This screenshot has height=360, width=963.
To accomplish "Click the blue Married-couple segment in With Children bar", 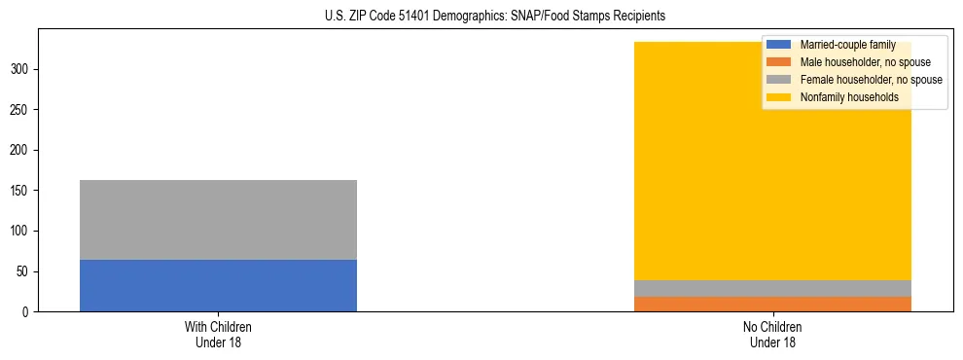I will [x=218, y=285].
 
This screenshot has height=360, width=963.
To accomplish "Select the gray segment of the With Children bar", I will [x=218, y=220].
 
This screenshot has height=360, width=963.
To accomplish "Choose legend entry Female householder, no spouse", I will [x=871, y=80].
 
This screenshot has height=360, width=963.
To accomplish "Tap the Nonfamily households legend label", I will [x=849, y=97].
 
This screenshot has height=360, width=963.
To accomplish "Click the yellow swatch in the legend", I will [x=779, y=97].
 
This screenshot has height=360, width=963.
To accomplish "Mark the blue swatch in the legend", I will [x=779, y=45].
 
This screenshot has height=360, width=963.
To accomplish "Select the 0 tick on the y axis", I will [x=28, y=311].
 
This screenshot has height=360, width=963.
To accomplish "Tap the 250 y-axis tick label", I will [x=21, y=110].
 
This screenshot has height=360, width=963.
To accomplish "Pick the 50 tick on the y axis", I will [x=24, y=271].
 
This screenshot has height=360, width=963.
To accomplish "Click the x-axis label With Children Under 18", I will [x=218, y=335].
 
